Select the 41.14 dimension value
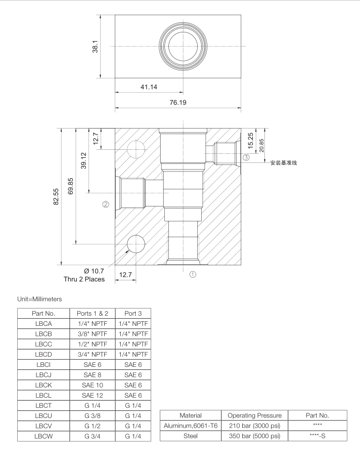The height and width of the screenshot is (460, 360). tap(148, 87)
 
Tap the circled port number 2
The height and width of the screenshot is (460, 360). tap(106, 205)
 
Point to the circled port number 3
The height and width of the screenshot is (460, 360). tap(246, 157)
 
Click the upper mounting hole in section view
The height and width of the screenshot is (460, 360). tap(135, 149)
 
